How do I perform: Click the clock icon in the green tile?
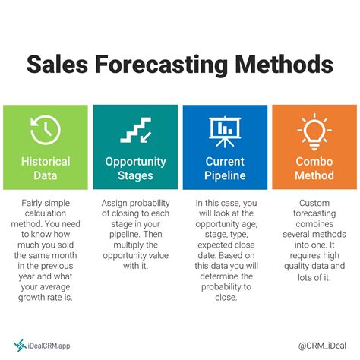coord(45,131)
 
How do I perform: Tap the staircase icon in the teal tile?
coord(135,131)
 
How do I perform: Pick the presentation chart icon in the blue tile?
coord(224,131)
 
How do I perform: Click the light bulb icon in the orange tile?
coord(314,131)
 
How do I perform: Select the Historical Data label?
coord(45,169)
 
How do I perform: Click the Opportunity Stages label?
coord(135,169)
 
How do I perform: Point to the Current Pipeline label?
coord(224,169)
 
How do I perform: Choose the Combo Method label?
coord(314,169)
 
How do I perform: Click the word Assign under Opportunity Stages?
coord(118,204)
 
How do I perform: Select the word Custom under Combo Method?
coord(314,204)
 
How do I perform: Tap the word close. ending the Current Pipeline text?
coord(224,298)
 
